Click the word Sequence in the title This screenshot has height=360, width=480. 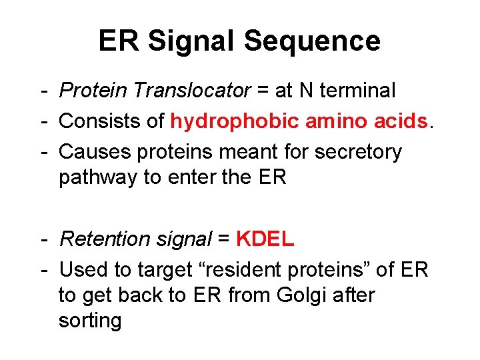click(312, 41)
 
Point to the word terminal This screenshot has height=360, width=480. click(355, 89)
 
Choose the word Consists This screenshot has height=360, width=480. click(95, 121)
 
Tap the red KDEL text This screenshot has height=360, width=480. click(265, 239)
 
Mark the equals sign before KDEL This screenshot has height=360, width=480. click(225, 239)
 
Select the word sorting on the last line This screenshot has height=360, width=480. click(90, 321)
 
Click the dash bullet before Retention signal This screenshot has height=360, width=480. click(43, 239)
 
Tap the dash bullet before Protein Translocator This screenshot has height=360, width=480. click(43, 89)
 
